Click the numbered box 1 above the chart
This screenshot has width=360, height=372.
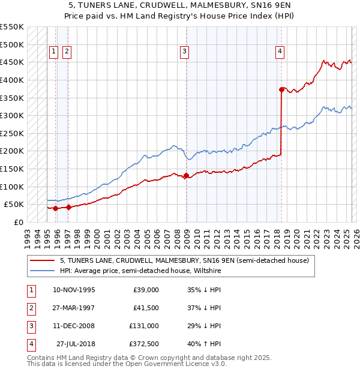click(53, 52)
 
